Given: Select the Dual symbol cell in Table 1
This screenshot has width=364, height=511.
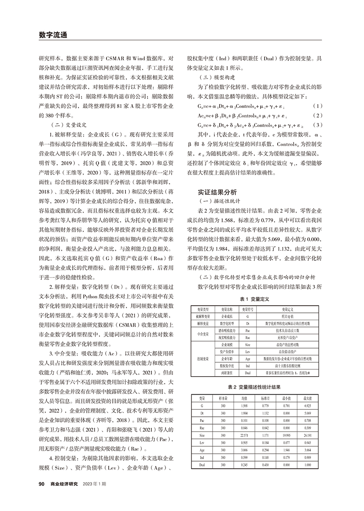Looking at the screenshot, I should coord(248,373).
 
